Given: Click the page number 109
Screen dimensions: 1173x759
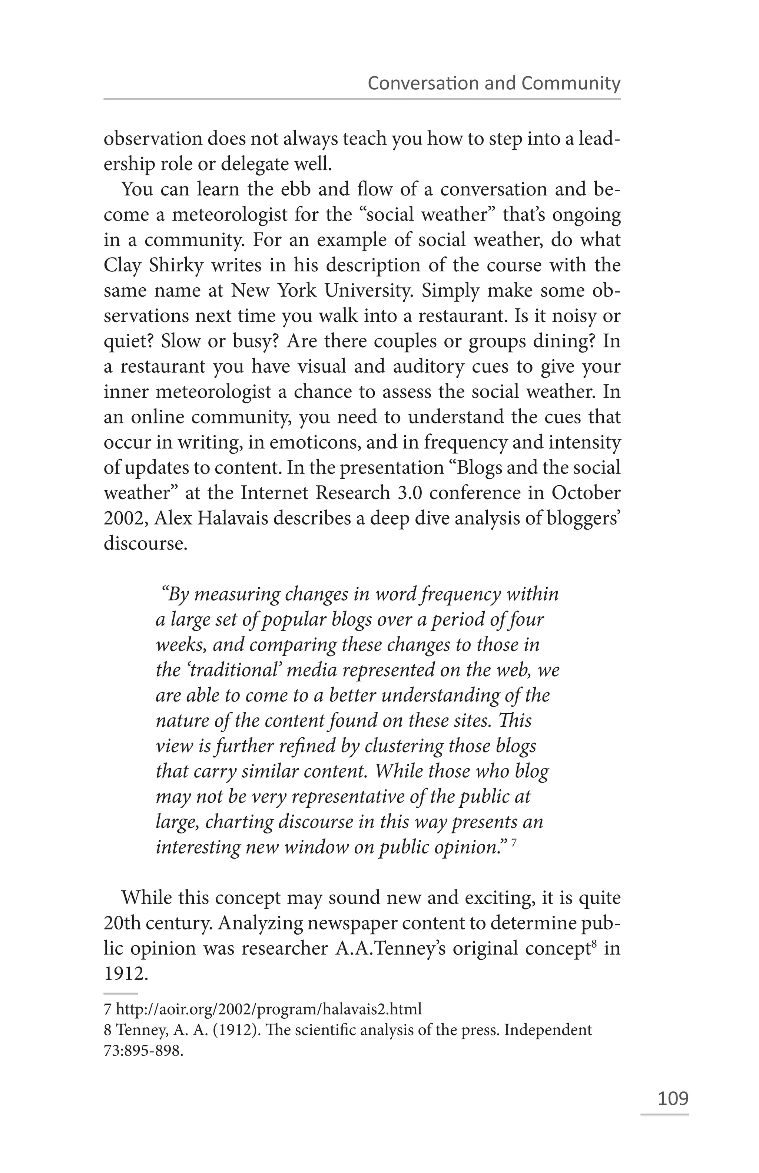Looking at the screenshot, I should click(673, 1098).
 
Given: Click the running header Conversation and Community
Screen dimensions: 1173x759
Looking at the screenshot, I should click(494, 83).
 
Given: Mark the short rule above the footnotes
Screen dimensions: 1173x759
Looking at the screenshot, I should click(121, 994).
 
